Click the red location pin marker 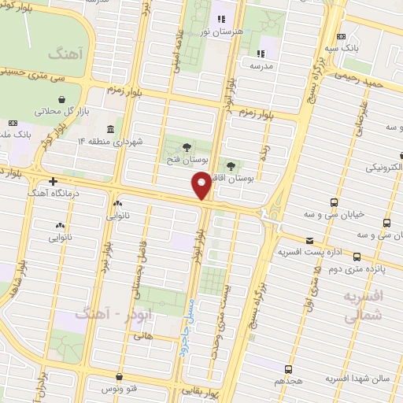pos(201,186)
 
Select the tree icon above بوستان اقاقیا pos(231,166)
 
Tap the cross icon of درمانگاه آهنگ pos(53,181)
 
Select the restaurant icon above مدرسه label pos(261,55)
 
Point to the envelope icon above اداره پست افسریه pos(309,241)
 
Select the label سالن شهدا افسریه pos(352,379)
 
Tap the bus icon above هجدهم pos(288,368)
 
